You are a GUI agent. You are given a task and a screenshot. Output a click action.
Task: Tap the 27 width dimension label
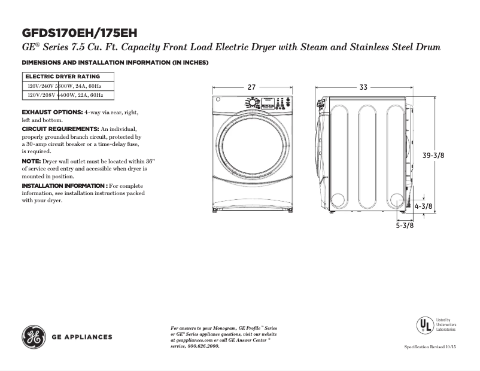pos(251,87)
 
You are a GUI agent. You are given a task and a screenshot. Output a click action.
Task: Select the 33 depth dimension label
pos(363,87)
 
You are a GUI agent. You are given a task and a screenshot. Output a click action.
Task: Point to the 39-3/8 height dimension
pos(433,155)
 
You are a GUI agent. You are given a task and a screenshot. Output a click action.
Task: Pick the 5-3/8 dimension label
pos(405,226)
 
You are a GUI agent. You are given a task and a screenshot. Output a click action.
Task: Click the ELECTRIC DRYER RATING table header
pos(62,77)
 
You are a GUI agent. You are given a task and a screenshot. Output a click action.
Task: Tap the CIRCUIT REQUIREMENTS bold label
pos(60,129)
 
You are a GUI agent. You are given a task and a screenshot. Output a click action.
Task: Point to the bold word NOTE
pos(31,162)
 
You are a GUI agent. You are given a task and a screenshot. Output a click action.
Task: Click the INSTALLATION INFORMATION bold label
pos(64,186)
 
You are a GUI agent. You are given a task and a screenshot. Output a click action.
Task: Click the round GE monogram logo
pos(34,337)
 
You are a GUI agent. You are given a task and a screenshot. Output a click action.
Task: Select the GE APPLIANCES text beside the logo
pos(83,337)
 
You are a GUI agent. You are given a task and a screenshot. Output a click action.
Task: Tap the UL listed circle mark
pos(424,325)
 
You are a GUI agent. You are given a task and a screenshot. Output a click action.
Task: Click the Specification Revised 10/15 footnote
pos(430,347)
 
